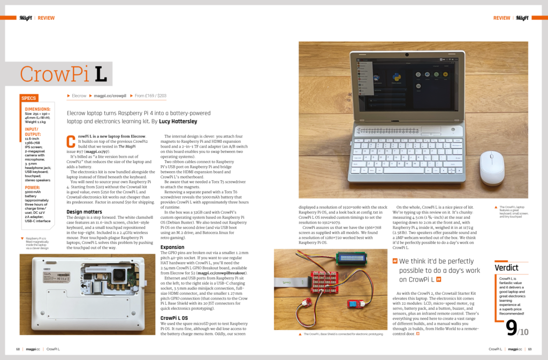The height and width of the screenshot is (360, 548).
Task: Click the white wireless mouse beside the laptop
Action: coord(492,167)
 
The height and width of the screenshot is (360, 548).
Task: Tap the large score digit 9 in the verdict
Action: coord(511,327)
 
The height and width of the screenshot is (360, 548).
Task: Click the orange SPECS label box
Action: coord(29,98)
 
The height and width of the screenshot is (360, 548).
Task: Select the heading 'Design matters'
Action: coord(85,212)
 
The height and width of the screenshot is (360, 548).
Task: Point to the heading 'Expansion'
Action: coord(172,247)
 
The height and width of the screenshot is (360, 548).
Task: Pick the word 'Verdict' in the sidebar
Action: coord(506,267)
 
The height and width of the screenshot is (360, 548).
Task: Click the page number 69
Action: coord(530,349)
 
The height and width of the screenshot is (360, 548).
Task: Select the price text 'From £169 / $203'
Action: coord(150,96)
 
